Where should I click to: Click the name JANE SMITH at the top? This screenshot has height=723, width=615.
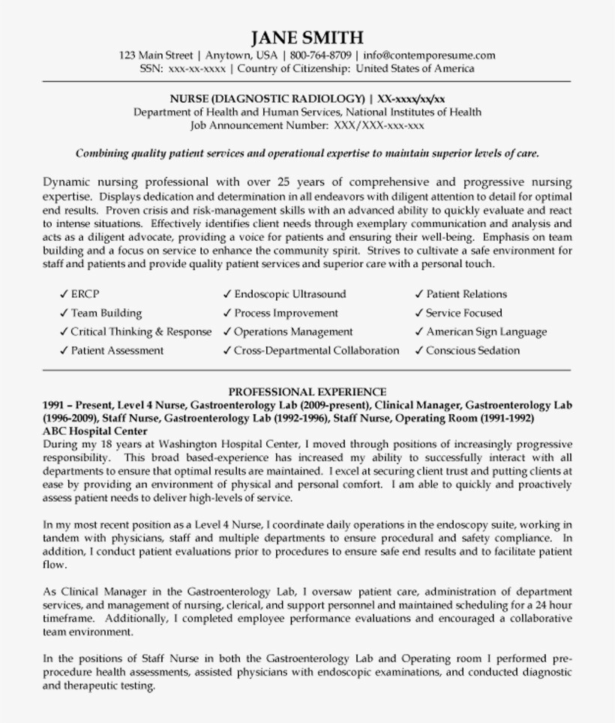tap(307, 37)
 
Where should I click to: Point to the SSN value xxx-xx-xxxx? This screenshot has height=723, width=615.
tap(196, 68)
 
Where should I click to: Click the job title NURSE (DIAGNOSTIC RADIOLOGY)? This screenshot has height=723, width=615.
tap(267, 99)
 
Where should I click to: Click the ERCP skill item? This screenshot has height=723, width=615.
tap(85, 295)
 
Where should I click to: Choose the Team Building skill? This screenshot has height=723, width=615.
tap(106, 313)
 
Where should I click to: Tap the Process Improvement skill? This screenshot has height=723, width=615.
tap(286, 313)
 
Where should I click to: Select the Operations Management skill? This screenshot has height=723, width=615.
tap(292, 332)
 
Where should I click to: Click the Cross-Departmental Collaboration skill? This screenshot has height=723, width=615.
tap(316, 350)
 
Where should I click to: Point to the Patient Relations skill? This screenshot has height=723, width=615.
tap(466, 295)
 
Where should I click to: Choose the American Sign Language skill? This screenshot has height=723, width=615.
tap(486, 332)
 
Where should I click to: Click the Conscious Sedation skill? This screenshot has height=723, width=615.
tap(472, 350)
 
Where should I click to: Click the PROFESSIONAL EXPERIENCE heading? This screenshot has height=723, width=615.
tap(307, 391)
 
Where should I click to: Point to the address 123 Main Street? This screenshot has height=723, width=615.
tap(156, 55)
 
